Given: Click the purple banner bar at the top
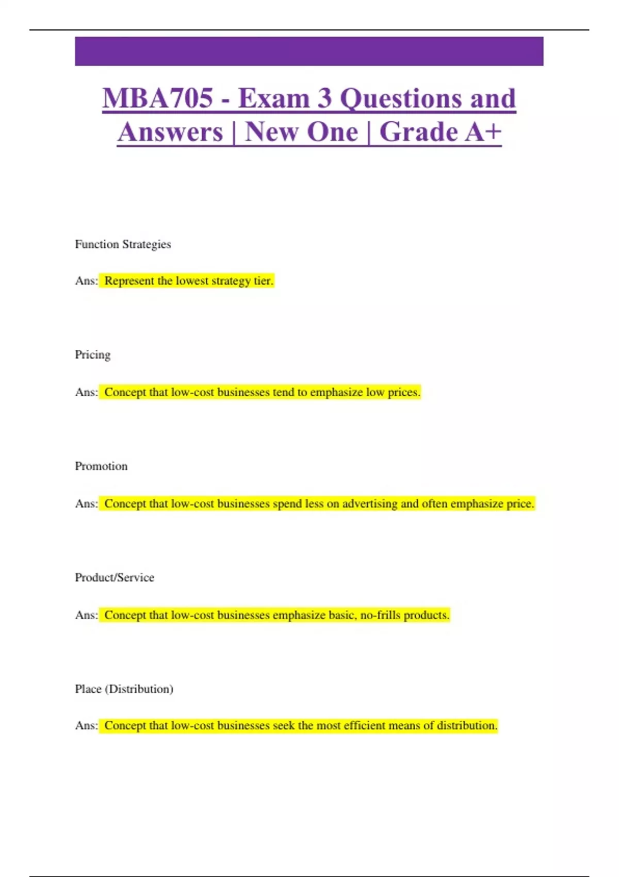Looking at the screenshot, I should [x=309, y=51].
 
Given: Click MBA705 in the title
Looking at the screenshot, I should [x=158, y=98].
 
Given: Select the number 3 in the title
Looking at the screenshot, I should [x=324, y=98].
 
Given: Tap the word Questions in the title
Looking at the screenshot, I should [x=402, y=98].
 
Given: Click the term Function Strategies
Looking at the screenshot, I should [x=123, y=244].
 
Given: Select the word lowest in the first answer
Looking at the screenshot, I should [x=192, y=281].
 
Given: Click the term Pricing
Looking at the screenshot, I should [x=93, y=355].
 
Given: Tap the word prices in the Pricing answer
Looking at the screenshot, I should [x=403, y=392].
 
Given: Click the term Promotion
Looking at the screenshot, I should [x=101, y=466].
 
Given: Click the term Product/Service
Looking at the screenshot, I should [x=115, y=577].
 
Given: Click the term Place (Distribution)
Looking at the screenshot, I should [x=124, y=689].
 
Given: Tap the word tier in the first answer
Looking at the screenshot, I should [x=263, y=281].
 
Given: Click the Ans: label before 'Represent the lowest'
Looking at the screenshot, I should [x=86, y=281].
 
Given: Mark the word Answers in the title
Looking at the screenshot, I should [x=170, y=132].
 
